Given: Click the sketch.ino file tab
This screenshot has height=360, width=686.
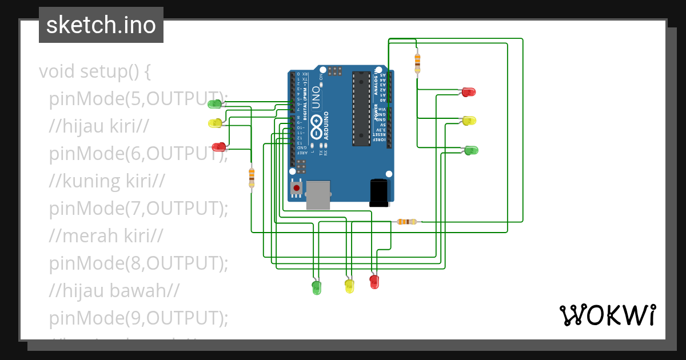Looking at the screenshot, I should click(x=101, y=25).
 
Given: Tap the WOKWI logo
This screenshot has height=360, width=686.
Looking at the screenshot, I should click(x=607, y=315).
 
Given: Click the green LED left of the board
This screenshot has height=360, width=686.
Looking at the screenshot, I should click(x=215, y=103).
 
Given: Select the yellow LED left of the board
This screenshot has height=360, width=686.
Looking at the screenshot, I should click(x=215, y=123).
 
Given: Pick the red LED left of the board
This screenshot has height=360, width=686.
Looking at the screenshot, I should click(x=218, y=147).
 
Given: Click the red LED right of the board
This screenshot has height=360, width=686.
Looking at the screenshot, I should click(x=468, y=91).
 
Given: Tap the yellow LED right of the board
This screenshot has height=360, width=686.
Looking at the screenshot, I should click(x=469, y=120).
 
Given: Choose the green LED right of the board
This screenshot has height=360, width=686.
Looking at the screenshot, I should click(x=471, y=150).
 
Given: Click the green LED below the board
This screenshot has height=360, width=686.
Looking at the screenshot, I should click(x=316, y=287).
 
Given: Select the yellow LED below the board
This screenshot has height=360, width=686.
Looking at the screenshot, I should click(x=349, y=286).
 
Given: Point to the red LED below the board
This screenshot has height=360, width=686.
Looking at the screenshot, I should click(x=374, y=282).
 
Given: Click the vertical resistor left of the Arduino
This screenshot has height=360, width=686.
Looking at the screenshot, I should click(x=252, y=177).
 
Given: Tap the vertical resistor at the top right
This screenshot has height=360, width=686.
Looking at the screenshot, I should click(x=417, y=62).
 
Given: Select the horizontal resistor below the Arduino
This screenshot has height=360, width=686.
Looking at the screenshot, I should click(x=407, y=222).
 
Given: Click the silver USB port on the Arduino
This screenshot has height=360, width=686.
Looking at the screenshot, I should click(x=318, y=195).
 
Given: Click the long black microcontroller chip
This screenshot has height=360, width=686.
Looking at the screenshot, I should click(x=361, y=109).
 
